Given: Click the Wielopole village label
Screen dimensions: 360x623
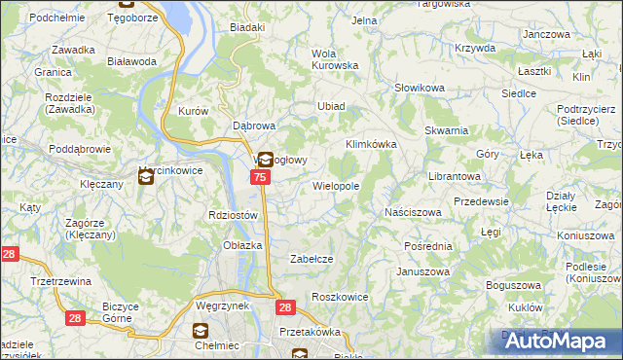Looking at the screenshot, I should point(336,185).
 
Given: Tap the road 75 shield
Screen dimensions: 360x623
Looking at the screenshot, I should point(260,177).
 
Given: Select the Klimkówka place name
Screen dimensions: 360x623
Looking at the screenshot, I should point(372,144).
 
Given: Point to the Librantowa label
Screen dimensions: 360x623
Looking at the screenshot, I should point(456,176).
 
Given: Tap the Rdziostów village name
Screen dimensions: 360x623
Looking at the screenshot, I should point(233,215).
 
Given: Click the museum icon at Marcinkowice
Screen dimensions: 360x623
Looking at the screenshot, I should point(146,176).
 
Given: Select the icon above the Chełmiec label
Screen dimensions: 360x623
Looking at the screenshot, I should point(202,331).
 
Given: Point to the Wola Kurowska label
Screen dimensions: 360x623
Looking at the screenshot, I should point(335,59).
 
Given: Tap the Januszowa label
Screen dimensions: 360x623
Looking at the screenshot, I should point(421,271).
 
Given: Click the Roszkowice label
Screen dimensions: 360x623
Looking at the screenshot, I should point(338,296).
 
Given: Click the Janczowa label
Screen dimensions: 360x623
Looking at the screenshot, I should point(545,34).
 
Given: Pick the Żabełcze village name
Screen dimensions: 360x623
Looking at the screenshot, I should point(313,259).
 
